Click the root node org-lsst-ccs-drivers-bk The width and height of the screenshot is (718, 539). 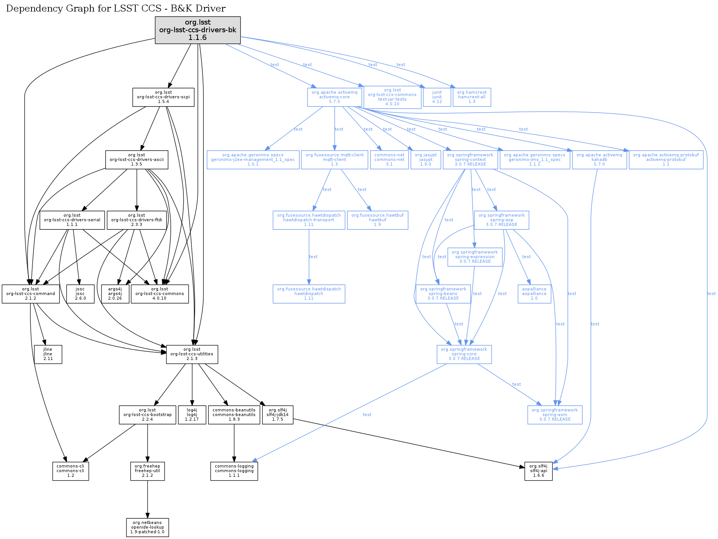pos(198,30)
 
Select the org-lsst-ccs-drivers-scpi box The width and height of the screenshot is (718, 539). pos(163,97)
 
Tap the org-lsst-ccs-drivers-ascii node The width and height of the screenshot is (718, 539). pos(136,159)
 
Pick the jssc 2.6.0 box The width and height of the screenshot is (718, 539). pos(80,294)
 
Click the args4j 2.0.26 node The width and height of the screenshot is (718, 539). pos(115,294)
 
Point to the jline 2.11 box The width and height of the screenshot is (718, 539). pos(48,354)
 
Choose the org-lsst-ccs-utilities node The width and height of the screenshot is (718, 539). pos(192,354)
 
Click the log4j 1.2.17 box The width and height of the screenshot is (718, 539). pos(192,415)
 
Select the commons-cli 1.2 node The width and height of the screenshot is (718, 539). pos(70,471)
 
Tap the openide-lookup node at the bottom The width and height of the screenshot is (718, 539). pos(147,527)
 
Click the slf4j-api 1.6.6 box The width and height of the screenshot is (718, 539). pos(538,471)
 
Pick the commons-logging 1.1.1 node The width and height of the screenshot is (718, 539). pos(234,471)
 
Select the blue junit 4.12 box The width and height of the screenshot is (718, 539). pos(437,97)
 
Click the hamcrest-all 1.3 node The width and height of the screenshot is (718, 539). pos(472,97)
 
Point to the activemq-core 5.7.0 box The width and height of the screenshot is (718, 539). pos(334,97)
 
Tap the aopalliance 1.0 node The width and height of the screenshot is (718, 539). pos(534,294)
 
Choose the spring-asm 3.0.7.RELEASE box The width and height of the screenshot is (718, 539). pos(555,415)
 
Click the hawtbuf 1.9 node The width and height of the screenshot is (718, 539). pos(377,220)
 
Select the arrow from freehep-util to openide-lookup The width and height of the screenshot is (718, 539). pos(147,499)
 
